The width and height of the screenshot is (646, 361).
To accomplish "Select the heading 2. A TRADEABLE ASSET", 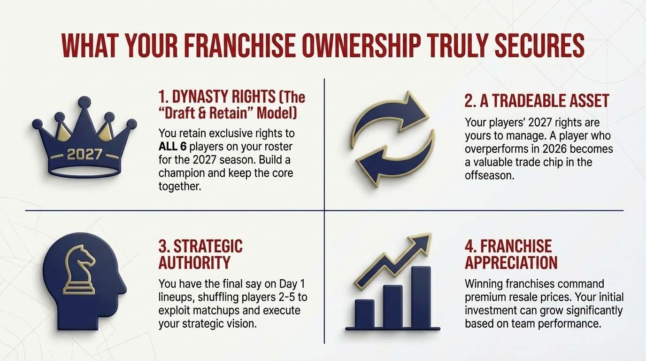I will click(x=537, y=101).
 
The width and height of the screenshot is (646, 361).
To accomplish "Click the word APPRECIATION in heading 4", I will click(x=511, y=262).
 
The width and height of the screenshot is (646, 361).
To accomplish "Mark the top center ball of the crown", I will click(x=85, y=101).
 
